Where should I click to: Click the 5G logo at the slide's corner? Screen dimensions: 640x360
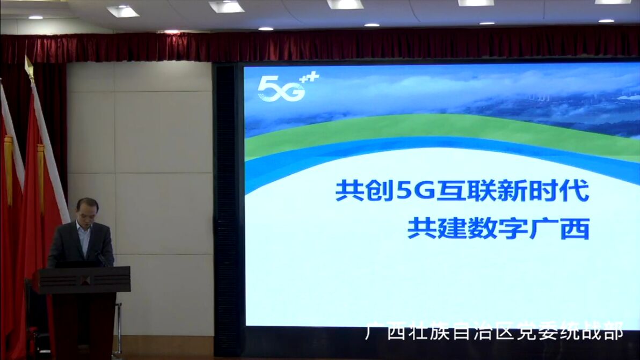pyautogui.click(x=287, y=87)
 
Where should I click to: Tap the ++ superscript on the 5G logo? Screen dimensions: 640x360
pyautogui.click(x=309, y=77)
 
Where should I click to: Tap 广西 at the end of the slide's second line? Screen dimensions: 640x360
pyautogui.click(x=559, y=229)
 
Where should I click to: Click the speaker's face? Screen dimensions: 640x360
pyautogui.click(x=87, y=212)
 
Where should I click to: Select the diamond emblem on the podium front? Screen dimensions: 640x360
pyautogui.click(x=84, y=280)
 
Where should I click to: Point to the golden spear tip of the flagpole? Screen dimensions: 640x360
pyautogui.click(x=28, y=67)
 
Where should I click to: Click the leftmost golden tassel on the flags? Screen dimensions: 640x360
pyautogui.click(x=9, y=171)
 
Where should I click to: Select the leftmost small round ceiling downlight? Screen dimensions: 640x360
pyautogui.click(x=35, y=18)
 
